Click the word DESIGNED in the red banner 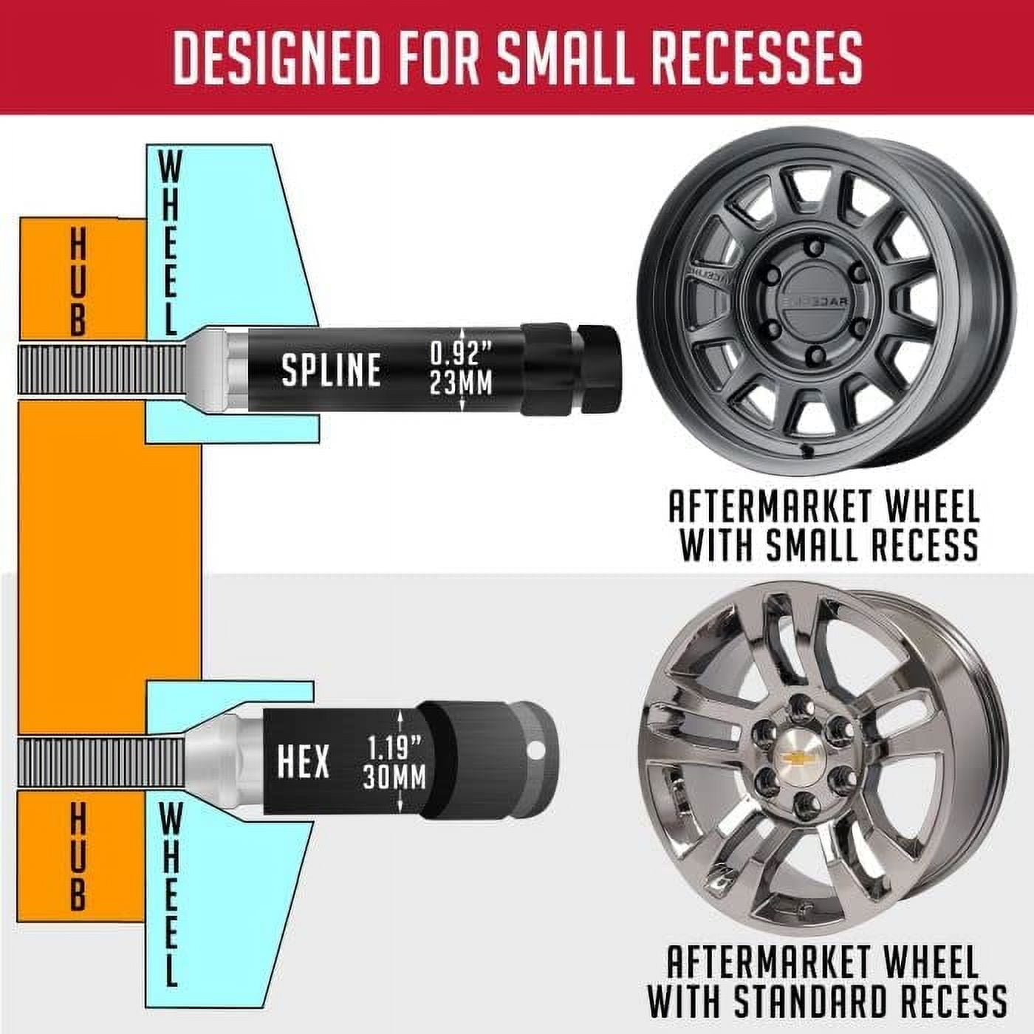(278, 57)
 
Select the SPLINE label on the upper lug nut (331, 370)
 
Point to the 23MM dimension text (462, 384)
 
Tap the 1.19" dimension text (394, 748)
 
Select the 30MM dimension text (394, 778)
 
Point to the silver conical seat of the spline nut (209, 370)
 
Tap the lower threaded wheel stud (100, 762)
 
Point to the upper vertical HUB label (78, 281)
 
